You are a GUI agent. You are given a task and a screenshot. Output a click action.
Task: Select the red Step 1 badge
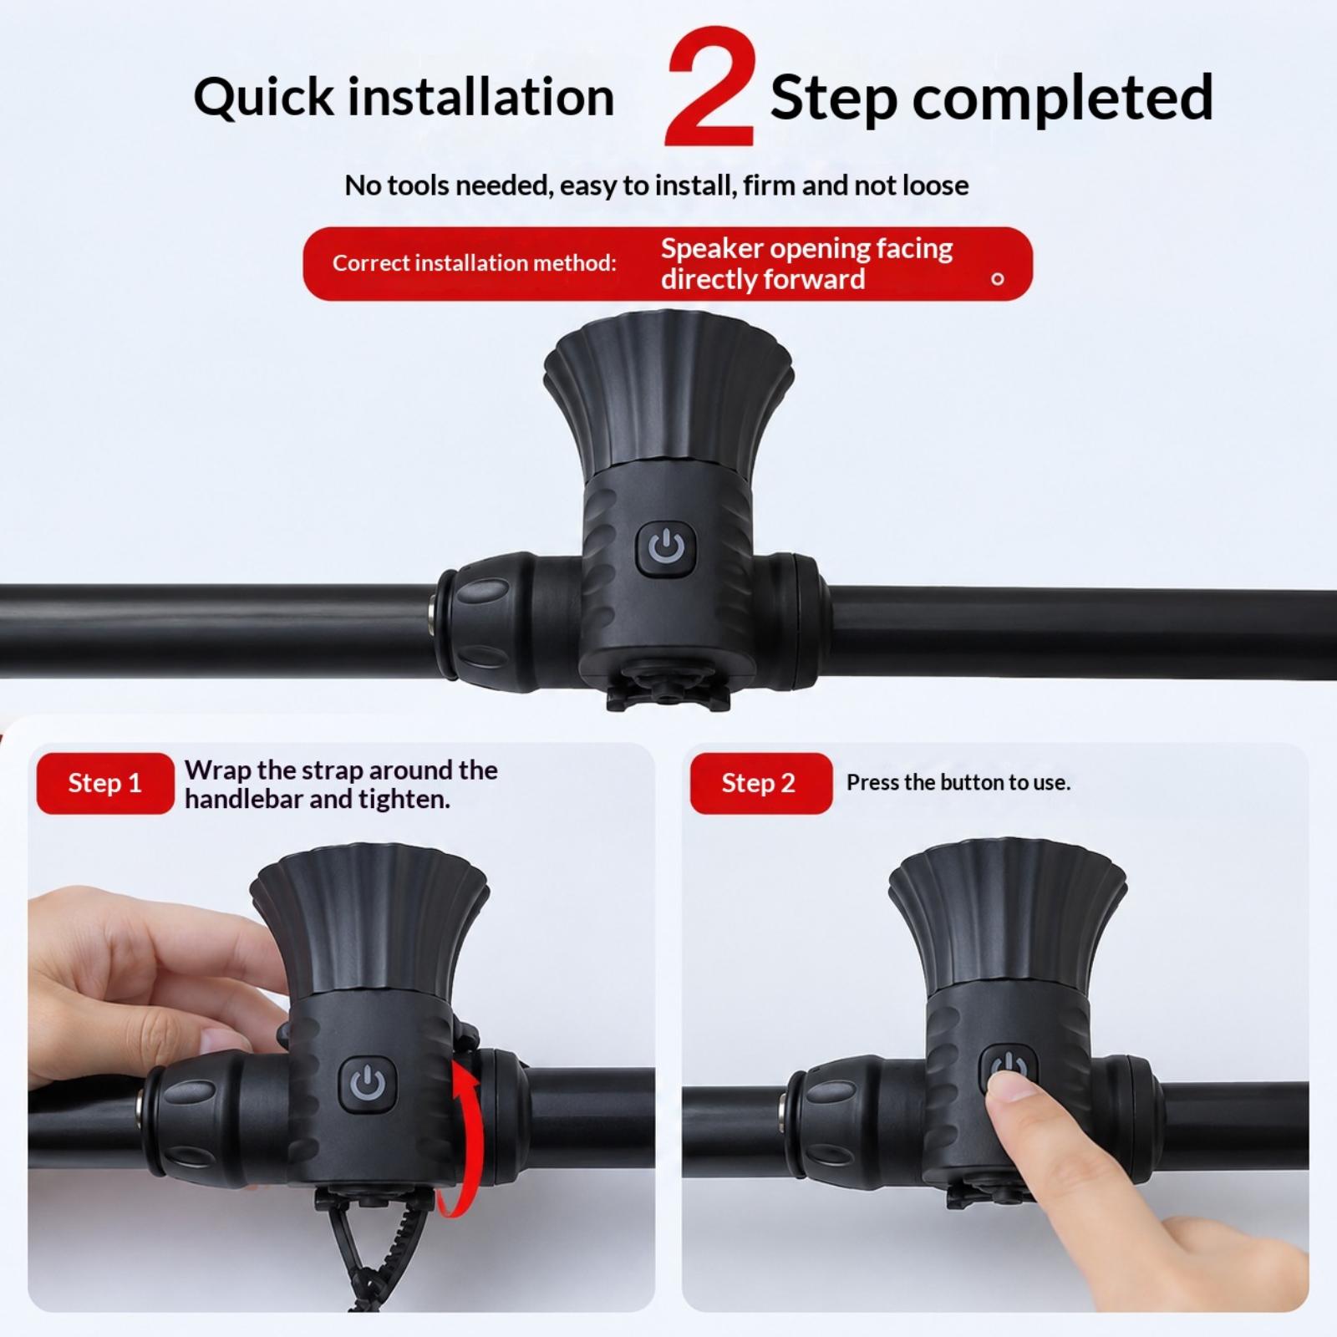click(105, 783)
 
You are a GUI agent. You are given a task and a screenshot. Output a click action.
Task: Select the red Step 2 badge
click(760, 783)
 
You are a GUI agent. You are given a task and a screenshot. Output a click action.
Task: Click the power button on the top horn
click(666, 548)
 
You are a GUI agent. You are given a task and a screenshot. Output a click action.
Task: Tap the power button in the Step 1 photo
click(367, 1084)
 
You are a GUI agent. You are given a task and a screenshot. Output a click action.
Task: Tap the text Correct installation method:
click(474, 263)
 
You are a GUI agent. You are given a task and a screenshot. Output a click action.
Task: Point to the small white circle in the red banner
click(997, 279)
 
